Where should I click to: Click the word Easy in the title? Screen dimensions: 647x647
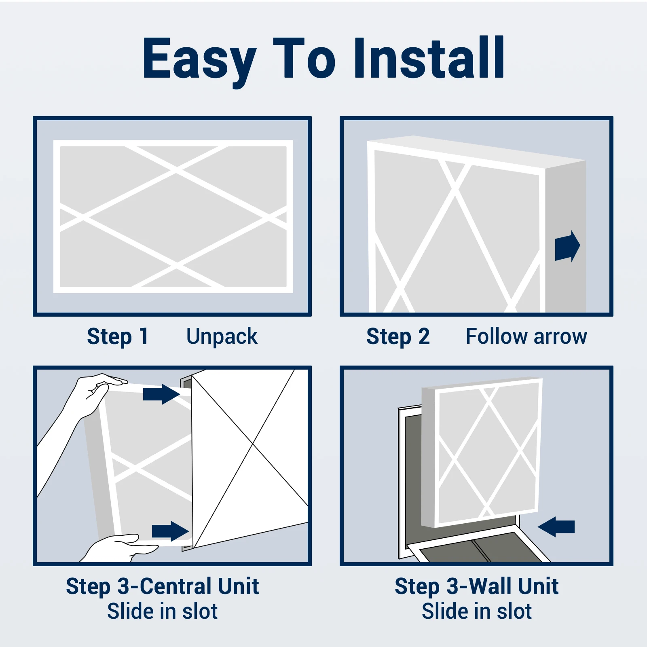point(199,59)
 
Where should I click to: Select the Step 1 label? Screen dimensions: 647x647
point(118,336)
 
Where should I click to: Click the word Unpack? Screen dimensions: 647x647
point(222,336)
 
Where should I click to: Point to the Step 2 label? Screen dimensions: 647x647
point(398,336)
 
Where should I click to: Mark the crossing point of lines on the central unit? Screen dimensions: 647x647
point(253,444)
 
